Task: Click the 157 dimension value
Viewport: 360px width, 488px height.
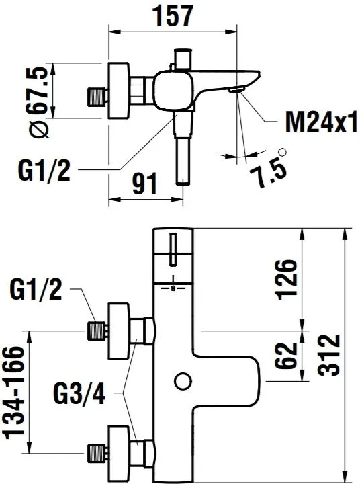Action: [174, 15]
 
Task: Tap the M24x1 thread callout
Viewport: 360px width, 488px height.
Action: [322, 122]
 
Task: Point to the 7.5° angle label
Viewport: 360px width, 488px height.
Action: [269, 168]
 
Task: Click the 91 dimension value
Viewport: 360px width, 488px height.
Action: [144, 184]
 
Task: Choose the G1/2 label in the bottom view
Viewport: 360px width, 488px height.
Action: [36, 289]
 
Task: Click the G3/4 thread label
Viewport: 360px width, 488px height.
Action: [79, 393]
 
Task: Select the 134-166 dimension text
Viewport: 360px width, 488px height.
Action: [13, 392]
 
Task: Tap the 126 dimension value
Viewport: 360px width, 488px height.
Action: [286, 279]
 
